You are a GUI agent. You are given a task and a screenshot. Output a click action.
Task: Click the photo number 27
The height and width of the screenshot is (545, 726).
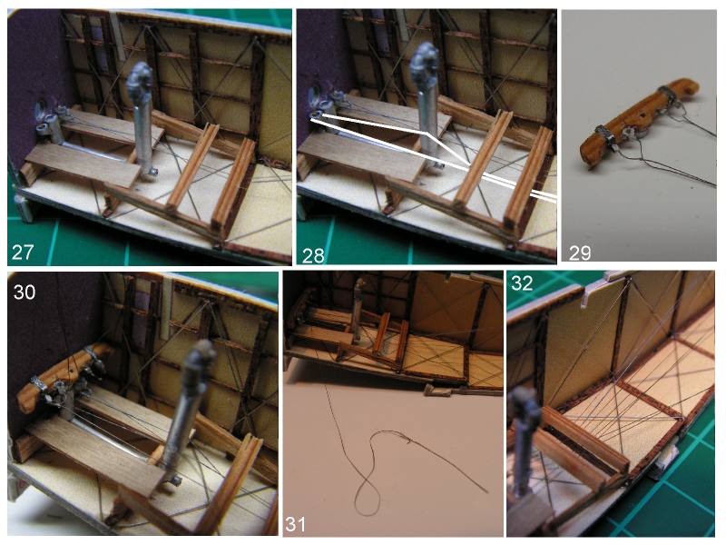click(23, 253)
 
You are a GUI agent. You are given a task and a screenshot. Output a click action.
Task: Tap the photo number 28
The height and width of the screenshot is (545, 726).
click(313, 254)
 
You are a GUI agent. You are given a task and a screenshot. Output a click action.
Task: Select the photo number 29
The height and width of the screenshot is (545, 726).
click(580, 253)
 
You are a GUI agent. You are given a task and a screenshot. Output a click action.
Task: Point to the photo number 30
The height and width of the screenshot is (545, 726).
click(25, 292)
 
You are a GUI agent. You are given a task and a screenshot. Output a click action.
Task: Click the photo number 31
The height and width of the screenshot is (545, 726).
click(297, 524)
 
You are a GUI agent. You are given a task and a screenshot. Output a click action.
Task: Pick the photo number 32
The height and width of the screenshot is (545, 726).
click(522, 283)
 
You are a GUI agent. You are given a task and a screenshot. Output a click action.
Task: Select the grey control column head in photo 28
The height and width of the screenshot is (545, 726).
click(425, 64)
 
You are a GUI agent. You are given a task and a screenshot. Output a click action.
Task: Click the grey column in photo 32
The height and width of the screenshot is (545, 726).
click(527, 436)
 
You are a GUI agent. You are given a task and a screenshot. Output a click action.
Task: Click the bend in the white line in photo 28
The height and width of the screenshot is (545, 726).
click(427, 133)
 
